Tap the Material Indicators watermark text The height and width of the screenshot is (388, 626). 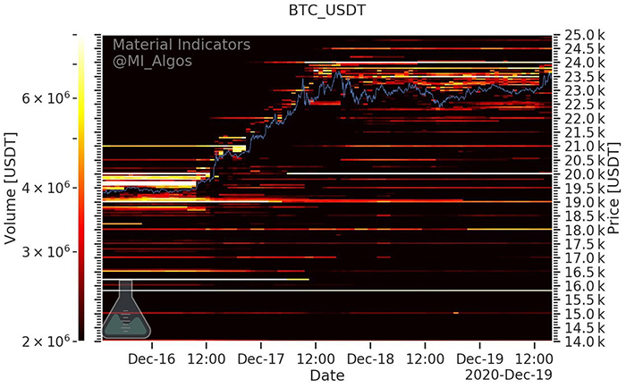click(x=181, y=45)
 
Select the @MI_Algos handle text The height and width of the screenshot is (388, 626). click(x=152, y=62)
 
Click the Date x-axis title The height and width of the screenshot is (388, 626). click(x=327, y=376)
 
